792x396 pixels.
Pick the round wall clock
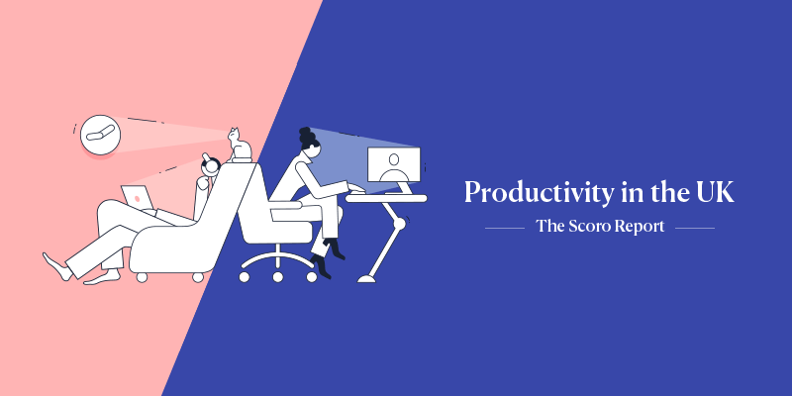point(101,135)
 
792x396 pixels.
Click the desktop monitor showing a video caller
point(393,165)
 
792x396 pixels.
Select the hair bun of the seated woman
point(305,135)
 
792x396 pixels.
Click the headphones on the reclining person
point(211,164)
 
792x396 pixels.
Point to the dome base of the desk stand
point(366,278)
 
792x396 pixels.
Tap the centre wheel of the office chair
point(278,277)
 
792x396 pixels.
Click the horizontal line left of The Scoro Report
point(505,229)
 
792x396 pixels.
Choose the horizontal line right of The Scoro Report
point(695,229)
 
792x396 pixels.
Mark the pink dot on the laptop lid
point(137,198)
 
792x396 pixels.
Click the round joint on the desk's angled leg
point(399,224)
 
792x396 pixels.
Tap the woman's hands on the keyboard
point(356,188)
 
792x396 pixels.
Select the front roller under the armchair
point(142,277)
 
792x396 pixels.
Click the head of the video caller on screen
point(394,159)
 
